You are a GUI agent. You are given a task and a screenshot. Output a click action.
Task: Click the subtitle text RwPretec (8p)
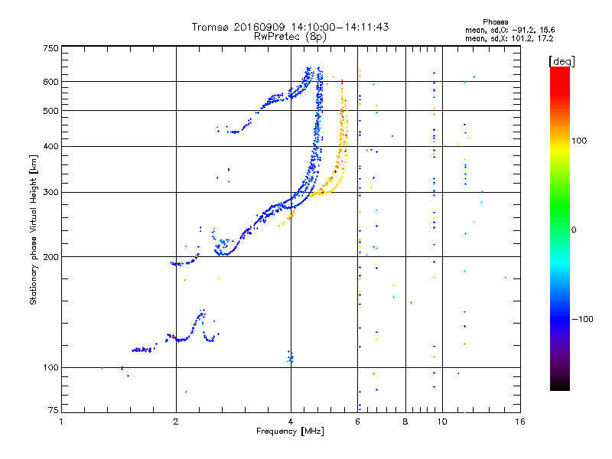(290, 37)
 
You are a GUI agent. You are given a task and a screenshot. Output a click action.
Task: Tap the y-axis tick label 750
(50, 48)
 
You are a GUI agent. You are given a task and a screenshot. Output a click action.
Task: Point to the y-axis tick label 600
(50, 82)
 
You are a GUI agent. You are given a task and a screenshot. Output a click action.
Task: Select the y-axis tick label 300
(50, 192)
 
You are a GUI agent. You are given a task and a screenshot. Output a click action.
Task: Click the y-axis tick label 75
(54, 410)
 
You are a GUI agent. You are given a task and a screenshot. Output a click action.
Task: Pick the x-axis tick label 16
(520, 422)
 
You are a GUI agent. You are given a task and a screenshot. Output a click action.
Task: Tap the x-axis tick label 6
(357, 422)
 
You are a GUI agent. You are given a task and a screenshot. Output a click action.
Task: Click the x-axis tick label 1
(61, 422)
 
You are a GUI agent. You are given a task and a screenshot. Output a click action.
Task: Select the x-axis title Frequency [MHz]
(290, 431)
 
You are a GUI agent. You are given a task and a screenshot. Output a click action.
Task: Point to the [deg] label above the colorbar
(562, 61)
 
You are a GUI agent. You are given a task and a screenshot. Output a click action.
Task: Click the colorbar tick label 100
(579, 141)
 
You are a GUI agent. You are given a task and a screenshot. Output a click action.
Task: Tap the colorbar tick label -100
(583, 319)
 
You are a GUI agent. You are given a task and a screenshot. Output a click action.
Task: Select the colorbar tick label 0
(574, 229)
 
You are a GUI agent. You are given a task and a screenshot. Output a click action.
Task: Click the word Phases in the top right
(495, 22)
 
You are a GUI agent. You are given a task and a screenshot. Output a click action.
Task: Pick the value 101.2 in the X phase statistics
(521, 39)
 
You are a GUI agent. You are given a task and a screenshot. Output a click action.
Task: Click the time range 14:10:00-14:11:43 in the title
(340, 27)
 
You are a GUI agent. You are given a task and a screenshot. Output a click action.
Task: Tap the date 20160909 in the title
(259, 27)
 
